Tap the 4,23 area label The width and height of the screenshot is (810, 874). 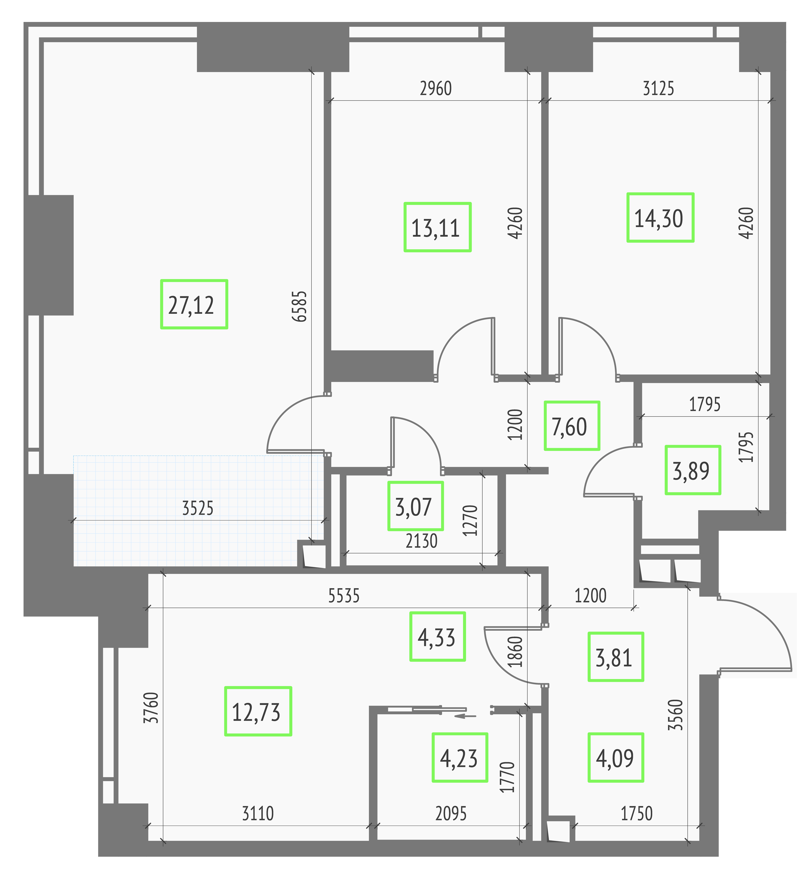coord(460,757)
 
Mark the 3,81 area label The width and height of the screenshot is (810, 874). coord(615,656)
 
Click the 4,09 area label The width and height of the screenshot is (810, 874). coord(615,757)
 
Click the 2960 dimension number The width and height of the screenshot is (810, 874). coord(436,89)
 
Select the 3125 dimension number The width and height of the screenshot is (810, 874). coord(658,89)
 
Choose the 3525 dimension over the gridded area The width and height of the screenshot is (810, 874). coord(198,508)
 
